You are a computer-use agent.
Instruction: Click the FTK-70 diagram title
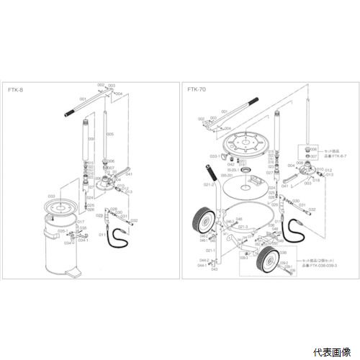pos(194,91)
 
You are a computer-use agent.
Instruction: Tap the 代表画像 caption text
pos(333,352)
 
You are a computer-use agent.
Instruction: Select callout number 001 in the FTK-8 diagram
pos(83,98)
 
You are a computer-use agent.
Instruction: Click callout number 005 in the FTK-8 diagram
pos(110,134)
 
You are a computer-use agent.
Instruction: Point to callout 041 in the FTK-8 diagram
pos(129,174)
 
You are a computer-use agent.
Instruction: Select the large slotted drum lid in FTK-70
pos(247,144)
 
